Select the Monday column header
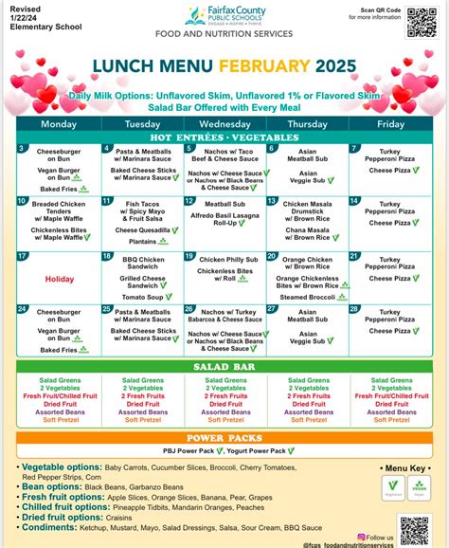(x=59, y=124)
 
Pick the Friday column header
(x=389, y=124)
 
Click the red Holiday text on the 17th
(x=59, y=279)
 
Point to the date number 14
(x=353, y=202)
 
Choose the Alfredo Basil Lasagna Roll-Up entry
(x=224, y=221)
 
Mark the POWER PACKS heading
(x=224, y=438)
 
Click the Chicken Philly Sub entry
(x=224, y=259)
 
